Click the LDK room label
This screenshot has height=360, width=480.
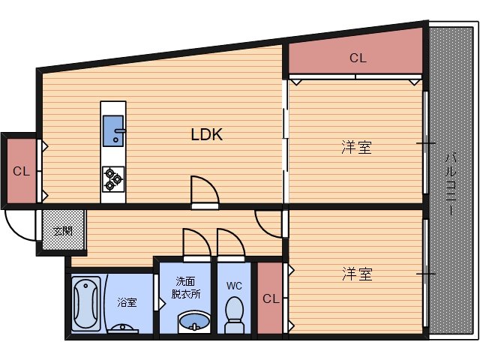pos(206,135)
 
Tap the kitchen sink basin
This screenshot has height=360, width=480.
pos(114,130)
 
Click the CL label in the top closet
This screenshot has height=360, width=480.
pos(358,58)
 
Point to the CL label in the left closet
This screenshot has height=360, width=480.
pos(21,171)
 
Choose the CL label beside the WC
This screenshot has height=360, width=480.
pos(271,298)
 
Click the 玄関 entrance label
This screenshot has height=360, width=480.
pos(58,229)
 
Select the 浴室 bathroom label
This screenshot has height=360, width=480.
pos(127,303)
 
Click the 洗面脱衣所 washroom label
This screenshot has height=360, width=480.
pos(186,288)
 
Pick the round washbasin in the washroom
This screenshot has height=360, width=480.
pos(194,322)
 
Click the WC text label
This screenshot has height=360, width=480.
pos(234,286)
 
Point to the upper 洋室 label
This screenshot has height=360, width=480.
pos(358,147)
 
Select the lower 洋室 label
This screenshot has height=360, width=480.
pos(358,273)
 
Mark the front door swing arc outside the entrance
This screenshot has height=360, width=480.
pos(20,224)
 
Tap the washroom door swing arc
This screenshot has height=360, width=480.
pos(193,242)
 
